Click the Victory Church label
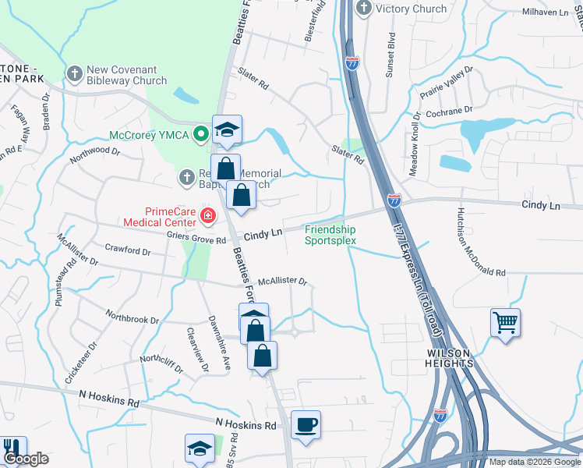pos(411,9)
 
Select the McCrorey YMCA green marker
pos(200,134)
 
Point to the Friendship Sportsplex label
pos(330,235)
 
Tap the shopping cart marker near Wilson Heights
pos(506,322)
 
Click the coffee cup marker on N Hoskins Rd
pos(306,425)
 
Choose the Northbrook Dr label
pos(132,319)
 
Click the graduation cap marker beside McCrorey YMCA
pos(227,129)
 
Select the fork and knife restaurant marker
pos(12,447)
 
